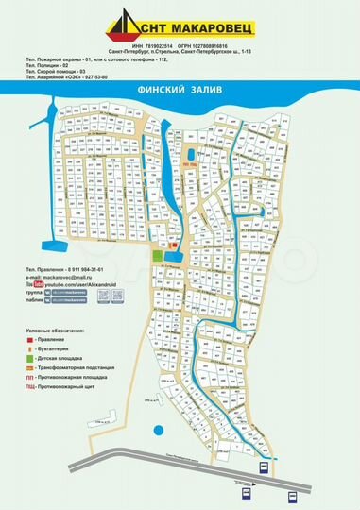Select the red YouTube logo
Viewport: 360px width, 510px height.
tap(39, 284)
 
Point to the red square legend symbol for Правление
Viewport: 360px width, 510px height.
tap(29, 340)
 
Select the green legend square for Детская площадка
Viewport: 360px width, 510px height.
tap(29, 356)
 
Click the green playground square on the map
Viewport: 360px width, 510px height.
tap(157, 256)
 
